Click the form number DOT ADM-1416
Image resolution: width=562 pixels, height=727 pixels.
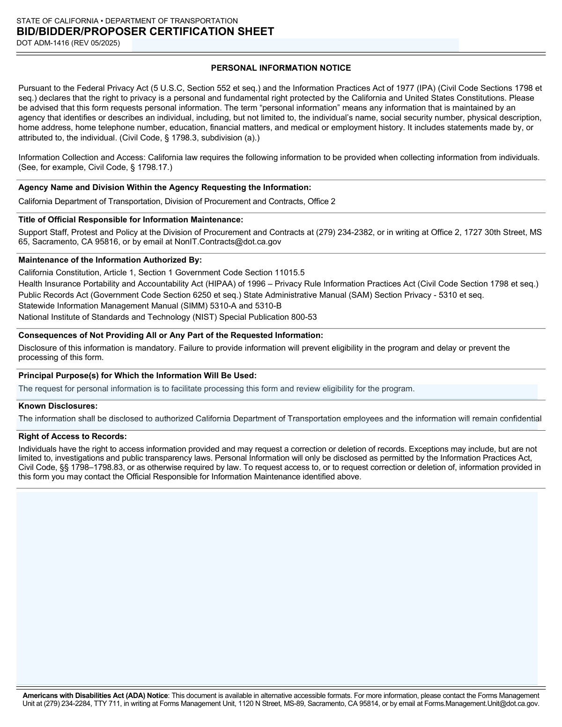(x=43, y=43)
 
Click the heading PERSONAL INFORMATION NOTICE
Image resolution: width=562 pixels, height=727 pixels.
(x=281, y=68)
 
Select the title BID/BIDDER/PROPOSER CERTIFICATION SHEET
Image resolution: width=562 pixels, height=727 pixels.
(x=145, y=32)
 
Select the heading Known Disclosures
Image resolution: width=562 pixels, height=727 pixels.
(x=58, y=406)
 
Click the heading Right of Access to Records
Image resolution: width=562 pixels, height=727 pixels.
(x=73, y=436)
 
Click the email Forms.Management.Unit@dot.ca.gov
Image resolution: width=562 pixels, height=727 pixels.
(x=481, y=703)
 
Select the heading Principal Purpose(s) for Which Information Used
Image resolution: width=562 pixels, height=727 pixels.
(x=137, y=375)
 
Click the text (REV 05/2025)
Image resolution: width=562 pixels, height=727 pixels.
(x=96, y=43)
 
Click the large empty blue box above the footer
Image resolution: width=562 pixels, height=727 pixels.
(x=277, y=587)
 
